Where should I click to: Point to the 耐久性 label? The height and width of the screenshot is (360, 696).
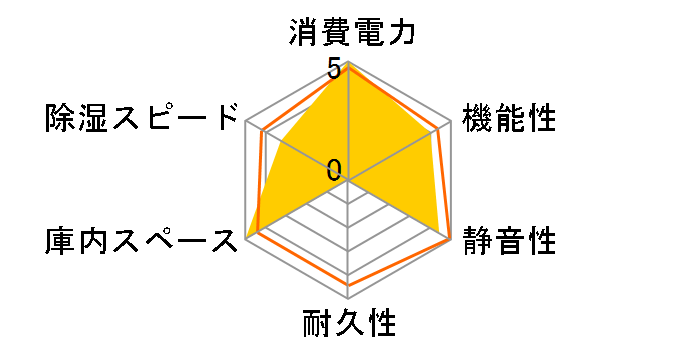pos(349,325)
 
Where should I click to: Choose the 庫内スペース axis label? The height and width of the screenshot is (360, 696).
pos(138,241)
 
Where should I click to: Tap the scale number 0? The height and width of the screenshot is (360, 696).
pos(334,169)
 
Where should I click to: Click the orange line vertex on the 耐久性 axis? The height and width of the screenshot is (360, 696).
pos(349,284)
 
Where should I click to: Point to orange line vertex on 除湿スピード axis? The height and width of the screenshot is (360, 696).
pos(263,130)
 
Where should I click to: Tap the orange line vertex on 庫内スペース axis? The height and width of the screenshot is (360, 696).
pos(259,232)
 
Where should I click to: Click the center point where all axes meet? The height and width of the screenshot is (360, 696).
pos(349,180)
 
